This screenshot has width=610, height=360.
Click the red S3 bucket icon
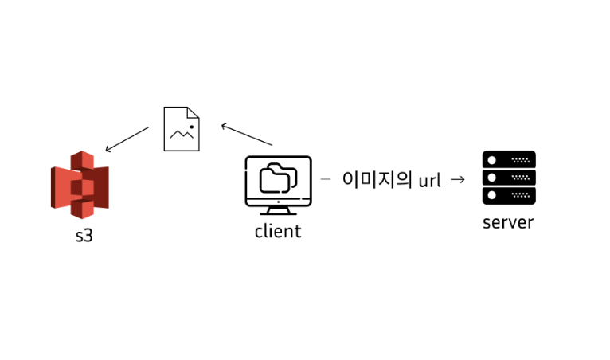[80, 185]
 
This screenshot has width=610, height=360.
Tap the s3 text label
[84, 237]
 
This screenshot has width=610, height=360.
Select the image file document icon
[182, 128]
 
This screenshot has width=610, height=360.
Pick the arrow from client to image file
[247, 135]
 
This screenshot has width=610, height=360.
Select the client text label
[278, 232]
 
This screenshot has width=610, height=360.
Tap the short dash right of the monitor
[325, 179]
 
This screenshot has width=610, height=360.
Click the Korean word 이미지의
[377, 179]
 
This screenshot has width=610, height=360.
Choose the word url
[429, 180]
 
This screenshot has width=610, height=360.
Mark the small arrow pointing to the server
[457, 179]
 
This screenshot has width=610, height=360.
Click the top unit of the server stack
[509, 158]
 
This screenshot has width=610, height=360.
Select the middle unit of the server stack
[509, 177]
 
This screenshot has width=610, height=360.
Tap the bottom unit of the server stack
[509, 195]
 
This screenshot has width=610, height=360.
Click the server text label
[508, 222]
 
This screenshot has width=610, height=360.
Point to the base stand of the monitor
[278, 211]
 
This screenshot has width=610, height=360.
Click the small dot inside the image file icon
[191, 125]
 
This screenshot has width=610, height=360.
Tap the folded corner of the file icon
[194, 112]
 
